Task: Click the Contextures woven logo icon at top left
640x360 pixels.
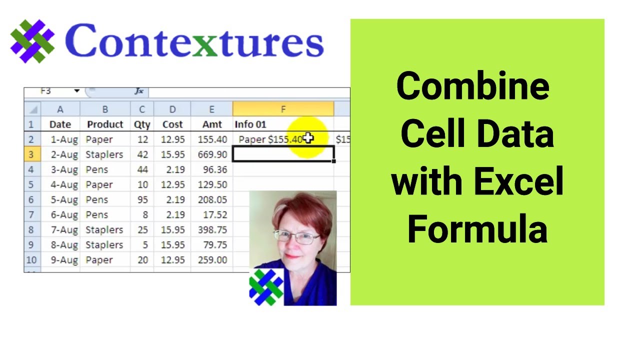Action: (32, 41)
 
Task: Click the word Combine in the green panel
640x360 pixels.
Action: (473, 86)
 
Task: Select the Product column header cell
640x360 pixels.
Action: (105, 124)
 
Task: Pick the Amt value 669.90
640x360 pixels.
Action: (212, 154)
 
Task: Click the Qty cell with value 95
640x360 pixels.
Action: (142, 199)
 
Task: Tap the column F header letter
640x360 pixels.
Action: (283, 109)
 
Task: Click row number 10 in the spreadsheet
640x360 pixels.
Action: (31, 260)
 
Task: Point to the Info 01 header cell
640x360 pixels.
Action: (250, 124)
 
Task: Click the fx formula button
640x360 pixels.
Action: (139, 91)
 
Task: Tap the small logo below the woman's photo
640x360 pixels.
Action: (266, 287)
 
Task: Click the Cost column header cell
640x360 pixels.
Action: (172, 124)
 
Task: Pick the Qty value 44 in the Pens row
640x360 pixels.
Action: (142, 169)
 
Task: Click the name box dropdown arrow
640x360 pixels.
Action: (77, 91)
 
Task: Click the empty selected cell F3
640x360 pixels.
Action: (283, 154)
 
